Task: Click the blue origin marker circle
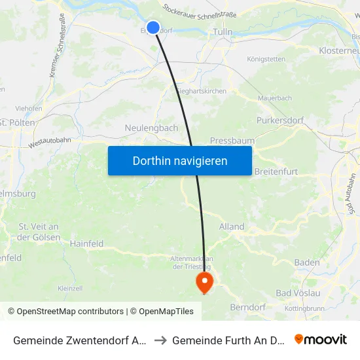point(153,27)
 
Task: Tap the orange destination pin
point(205,282)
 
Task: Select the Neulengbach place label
point(151,128)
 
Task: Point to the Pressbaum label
point(232,141)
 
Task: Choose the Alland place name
point(232,226)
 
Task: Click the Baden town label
point(307,262)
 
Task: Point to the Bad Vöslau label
point(298,293)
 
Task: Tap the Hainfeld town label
point(86,243)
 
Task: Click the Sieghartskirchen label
point(202,92)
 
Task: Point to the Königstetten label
point(266,59)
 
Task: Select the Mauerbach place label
point(274,98)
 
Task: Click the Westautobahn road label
point(49,139)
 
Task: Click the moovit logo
point(321,339)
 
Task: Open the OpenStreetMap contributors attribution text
point(65,312)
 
